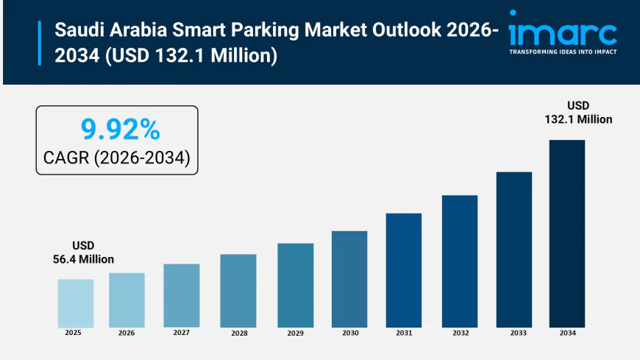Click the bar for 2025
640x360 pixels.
(76, 303)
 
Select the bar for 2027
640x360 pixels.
(182, 295)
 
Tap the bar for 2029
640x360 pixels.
(295, 285)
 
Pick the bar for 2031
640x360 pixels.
(404, 270)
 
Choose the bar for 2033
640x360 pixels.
(513, 250)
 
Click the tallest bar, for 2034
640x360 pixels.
(566, 233)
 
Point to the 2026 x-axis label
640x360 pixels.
(127, 333)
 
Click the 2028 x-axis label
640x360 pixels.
(238, 333)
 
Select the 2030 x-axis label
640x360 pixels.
(350, 333)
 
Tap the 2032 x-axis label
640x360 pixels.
(461, 333)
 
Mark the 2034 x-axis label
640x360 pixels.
(567, 333)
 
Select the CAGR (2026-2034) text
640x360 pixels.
(117, 158)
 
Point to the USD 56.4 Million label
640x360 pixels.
(83, 252)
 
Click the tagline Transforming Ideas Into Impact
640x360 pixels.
(563, 52)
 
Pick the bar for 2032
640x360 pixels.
(460, 261)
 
